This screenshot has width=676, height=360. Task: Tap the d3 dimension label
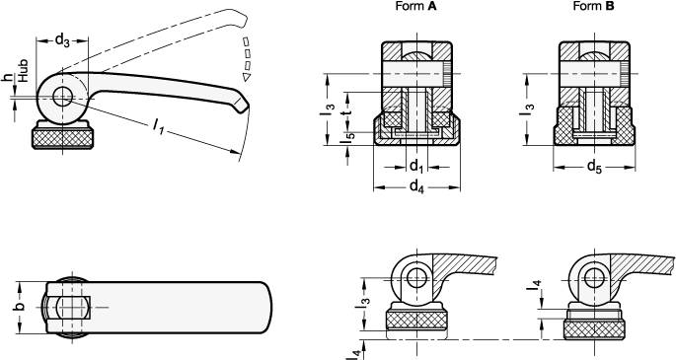(62, 39)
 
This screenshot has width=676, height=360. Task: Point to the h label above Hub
(8, 78)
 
